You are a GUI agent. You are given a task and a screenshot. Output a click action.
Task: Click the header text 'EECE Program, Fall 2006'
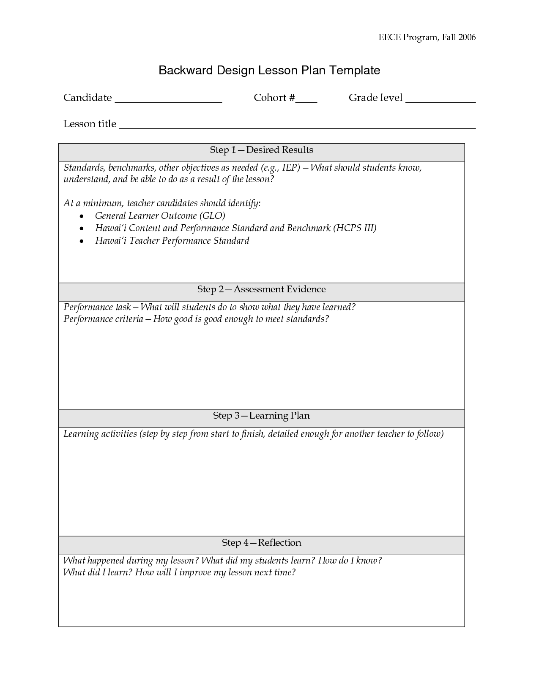click(427, 37)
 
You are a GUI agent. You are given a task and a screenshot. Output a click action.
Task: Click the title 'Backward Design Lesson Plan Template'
click(269, 70)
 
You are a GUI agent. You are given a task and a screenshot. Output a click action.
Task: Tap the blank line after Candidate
click(168, 101)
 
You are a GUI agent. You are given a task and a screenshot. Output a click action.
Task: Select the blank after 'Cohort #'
click(306, 101)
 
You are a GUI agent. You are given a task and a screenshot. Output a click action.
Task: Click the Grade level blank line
click(441, 101)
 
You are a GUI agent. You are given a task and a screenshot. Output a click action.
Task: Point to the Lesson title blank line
click(297, 126)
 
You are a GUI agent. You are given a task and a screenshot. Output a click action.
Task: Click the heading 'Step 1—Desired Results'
click(261, 150)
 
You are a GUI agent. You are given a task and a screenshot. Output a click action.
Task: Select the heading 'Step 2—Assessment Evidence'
click(261, 289)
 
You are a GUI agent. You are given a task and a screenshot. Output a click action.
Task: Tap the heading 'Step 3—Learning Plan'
click(261, 416)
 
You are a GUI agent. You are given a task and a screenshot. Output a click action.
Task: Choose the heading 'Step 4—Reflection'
click(261, 543)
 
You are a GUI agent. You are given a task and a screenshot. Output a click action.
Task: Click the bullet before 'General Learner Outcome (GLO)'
click(81, 216)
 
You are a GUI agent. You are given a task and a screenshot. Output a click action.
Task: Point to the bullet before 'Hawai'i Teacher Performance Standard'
click(81, 241)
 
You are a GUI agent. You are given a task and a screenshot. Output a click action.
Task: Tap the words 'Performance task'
click(97, 307)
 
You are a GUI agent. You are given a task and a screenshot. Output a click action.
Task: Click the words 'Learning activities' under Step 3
click(100, 434)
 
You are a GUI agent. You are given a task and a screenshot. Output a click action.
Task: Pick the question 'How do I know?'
click(350, 561)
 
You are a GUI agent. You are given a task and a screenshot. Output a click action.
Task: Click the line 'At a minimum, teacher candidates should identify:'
click(162, 203)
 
